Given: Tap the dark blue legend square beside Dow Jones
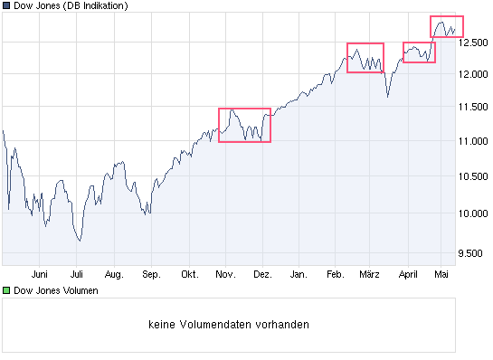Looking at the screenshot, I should [5, 6].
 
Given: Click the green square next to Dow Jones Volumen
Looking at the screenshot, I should [5, 291].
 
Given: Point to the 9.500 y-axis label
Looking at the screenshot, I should [474, 253].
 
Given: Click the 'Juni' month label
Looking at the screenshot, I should [39, 272].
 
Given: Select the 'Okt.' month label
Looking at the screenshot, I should [189, 272].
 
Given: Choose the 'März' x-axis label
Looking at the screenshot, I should [369, 272].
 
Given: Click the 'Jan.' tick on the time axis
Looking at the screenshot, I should [299, 272].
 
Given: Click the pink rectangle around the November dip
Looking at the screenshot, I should [244, 125].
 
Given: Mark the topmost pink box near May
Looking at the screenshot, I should [446, 27].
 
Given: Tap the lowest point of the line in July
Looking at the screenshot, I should [80, 241].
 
